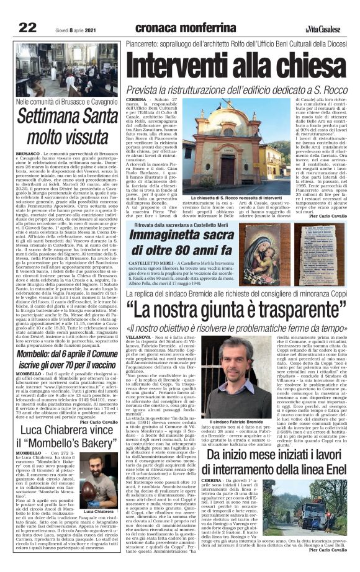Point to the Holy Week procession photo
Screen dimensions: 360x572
tap(66, 69)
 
